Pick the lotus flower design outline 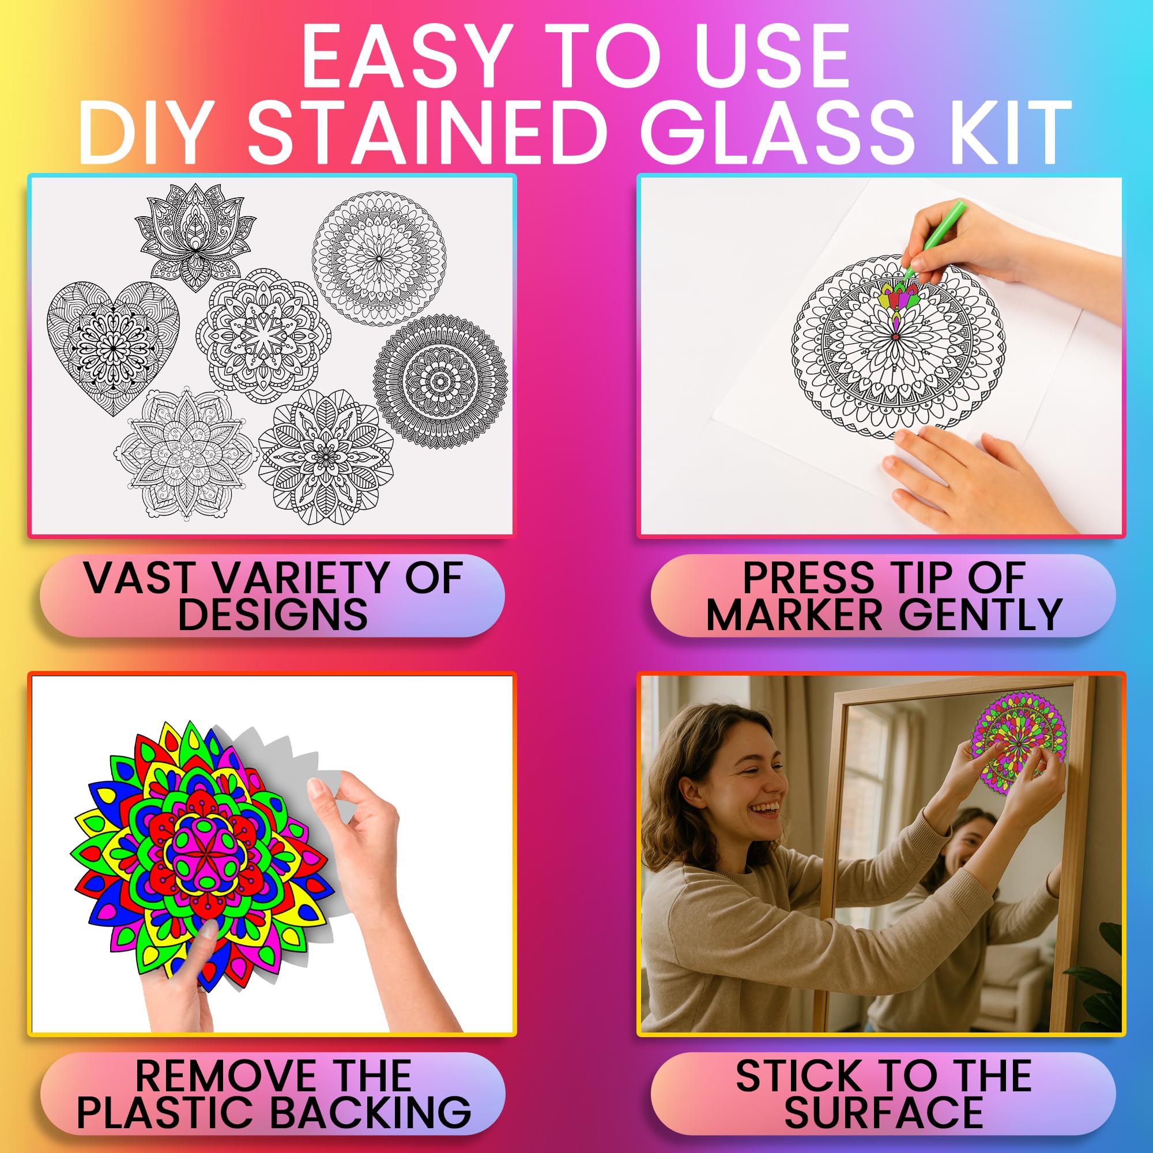195,236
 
